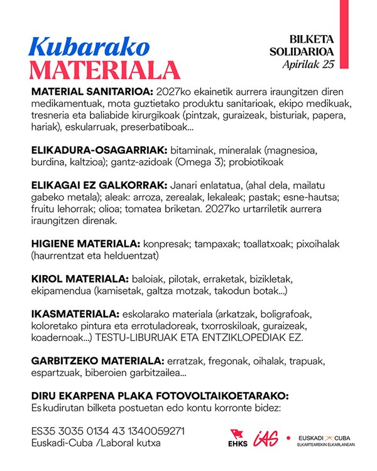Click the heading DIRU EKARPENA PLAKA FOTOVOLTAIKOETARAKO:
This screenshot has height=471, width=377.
[x=160, y=396]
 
